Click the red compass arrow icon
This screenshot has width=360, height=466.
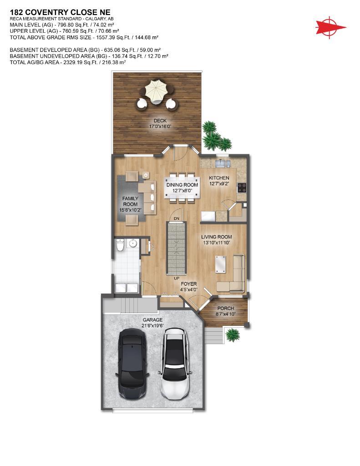331,26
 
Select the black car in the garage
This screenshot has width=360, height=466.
132,364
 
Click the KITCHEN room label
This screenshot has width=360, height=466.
219,178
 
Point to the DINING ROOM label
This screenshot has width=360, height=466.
182,185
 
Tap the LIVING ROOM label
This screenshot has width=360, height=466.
217,237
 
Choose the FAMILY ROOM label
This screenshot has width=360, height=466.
130,202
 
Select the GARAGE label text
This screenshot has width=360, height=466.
152,320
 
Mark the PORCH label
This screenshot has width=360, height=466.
226,308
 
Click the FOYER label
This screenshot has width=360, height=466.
188,284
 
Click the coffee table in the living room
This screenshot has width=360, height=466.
220,264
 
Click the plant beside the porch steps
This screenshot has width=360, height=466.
232,335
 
